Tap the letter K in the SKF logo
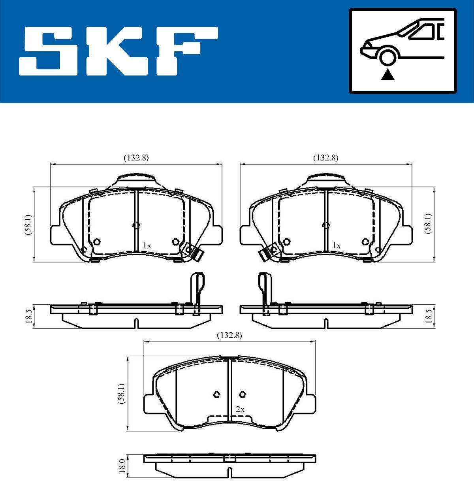pos(115,51)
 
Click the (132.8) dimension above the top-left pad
pos(136,158)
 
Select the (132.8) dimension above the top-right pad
pos(326,158)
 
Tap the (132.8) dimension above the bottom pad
pos(229,335)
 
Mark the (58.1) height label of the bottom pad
pos(122,394)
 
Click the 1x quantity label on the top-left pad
pos(147,246)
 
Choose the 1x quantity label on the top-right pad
pos(336,246)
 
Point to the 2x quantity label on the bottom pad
pos(240,410)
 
